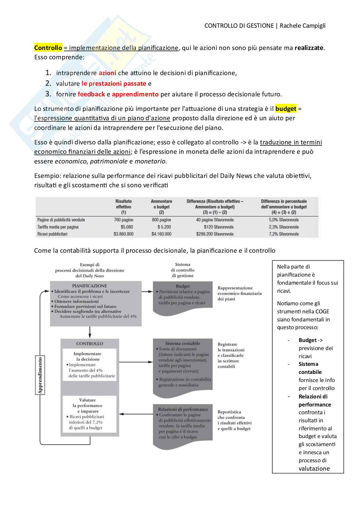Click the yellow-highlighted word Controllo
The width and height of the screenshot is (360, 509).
point(48,48)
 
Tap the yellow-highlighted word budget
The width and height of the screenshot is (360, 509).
point(285,109)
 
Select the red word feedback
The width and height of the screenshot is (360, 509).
point(91,94)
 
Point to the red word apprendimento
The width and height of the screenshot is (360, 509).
point(135,94)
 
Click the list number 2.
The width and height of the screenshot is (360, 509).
point(48,83)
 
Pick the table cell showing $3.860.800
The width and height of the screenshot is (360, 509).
point(123,234)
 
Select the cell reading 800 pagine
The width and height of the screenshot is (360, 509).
point(161,220)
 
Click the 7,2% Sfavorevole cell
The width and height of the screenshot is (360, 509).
point(284,234)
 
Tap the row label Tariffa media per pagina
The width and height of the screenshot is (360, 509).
point(58,227)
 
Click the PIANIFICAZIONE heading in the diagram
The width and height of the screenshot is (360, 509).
point(89,286)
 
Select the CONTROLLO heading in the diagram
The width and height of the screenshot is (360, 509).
point(90,344)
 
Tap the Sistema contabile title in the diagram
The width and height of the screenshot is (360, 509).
point(183,343)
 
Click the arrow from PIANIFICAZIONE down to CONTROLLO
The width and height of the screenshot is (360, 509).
point(90,332)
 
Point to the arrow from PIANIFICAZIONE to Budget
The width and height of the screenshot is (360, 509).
point(147,291)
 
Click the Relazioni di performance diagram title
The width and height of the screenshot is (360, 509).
point(183,409)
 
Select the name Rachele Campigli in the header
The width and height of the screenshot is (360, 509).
point(303,26)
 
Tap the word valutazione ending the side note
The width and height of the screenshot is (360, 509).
point(314,468)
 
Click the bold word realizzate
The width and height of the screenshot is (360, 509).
point(309,48)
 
